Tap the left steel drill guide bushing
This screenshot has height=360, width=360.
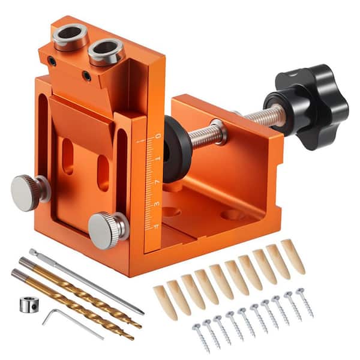[70, 37]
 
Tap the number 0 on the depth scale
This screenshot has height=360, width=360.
[157, 137]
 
